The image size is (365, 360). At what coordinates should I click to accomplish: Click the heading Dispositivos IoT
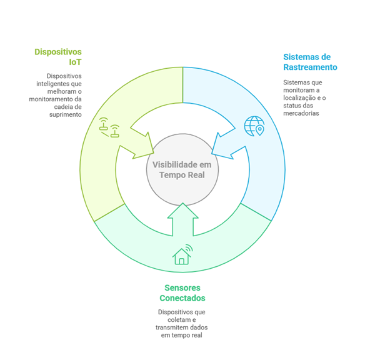(58, 57)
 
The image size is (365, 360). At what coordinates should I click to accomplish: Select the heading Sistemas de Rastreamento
(310, 62)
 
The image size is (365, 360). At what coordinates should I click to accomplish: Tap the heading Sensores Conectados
(182, 292)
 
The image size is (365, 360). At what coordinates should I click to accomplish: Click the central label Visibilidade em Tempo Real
(182, 169)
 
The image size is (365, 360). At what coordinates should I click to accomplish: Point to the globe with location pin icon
(254, 126)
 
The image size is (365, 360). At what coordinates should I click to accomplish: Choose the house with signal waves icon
(182, 254)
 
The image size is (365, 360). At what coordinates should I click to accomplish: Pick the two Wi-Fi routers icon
(109, 127)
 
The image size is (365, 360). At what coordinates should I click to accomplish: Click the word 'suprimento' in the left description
(66, 114)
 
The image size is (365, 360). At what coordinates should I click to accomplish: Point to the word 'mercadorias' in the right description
(301, 113)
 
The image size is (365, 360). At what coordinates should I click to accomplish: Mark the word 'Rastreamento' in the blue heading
(310, 67)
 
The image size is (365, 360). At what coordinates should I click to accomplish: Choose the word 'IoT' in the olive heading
(75, 62)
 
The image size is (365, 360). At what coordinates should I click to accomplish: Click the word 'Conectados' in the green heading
(182, 298)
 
